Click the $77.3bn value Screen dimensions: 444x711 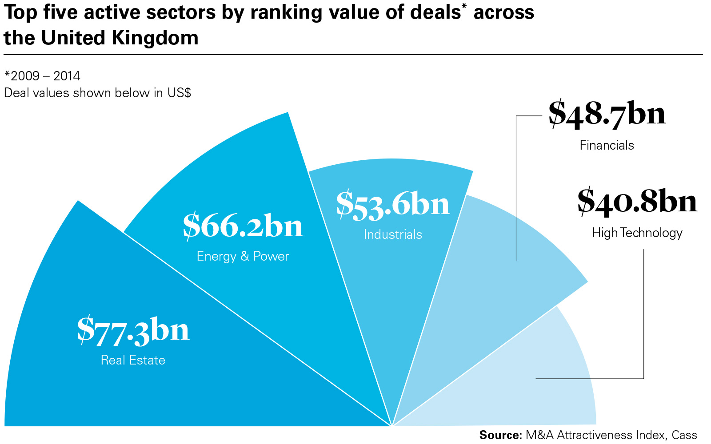133,331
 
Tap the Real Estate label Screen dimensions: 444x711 133,360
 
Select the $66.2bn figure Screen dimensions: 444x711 243,226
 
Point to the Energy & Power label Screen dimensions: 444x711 243,257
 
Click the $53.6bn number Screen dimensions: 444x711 393,205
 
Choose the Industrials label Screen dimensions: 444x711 393,234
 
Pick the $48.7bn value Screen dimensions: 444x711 607,114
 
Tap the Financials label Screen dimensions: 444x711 607,145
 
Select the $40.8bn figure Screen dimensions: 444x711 637,202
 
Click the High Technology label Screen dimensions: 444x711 637,233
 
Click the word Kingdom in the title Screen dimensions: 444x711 155,38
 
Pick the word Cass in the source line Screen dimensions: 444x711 684,435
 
